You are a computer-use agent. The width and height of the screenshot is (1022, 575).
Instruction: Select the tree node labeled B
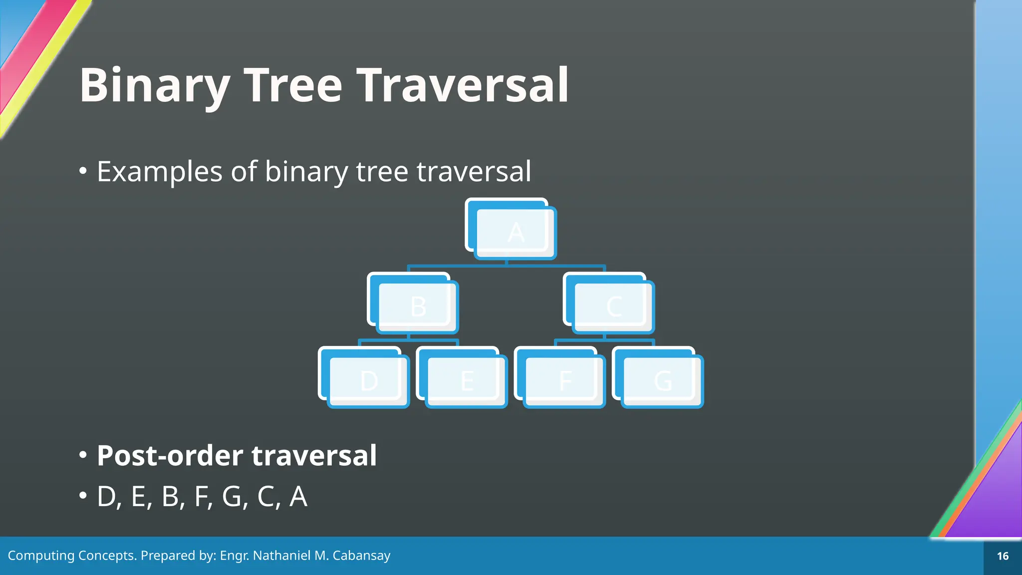click(417, 306)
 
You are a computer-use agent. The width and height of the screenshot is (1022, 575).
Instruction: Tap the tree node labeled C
click(613, 306)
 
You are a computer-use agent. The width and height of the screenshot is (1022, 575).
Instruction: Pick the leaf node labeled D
click(368, 381)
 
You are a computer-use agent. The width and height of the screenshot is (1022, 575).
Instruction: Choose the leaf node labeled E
click(466, 381)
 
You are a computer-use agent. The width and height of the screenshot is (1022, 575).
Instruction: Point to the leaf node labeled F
click(564, 381)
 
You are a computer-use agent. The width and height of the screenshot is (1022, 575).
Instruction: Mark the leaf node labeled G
click(662, 381)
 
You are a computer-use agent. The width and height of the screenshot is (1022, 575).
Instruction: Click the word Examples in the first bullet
click(160, 172)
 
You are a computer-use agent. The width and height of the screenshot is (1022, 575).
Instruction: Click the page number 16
click(1003, 556)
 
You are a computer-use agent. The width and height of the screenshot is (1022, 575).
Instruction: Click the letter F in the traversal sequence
click(201, 497)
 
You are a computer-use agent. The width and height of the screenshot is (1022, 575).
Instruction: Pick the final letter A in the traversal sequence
click(298, 497)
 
